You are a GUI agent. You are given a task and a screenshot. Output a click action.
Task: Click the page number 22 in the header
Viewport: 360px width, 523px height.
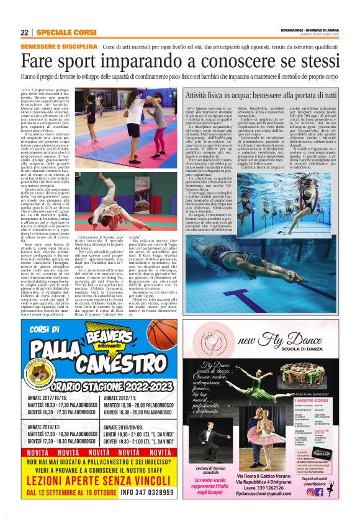pos(24,32)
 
